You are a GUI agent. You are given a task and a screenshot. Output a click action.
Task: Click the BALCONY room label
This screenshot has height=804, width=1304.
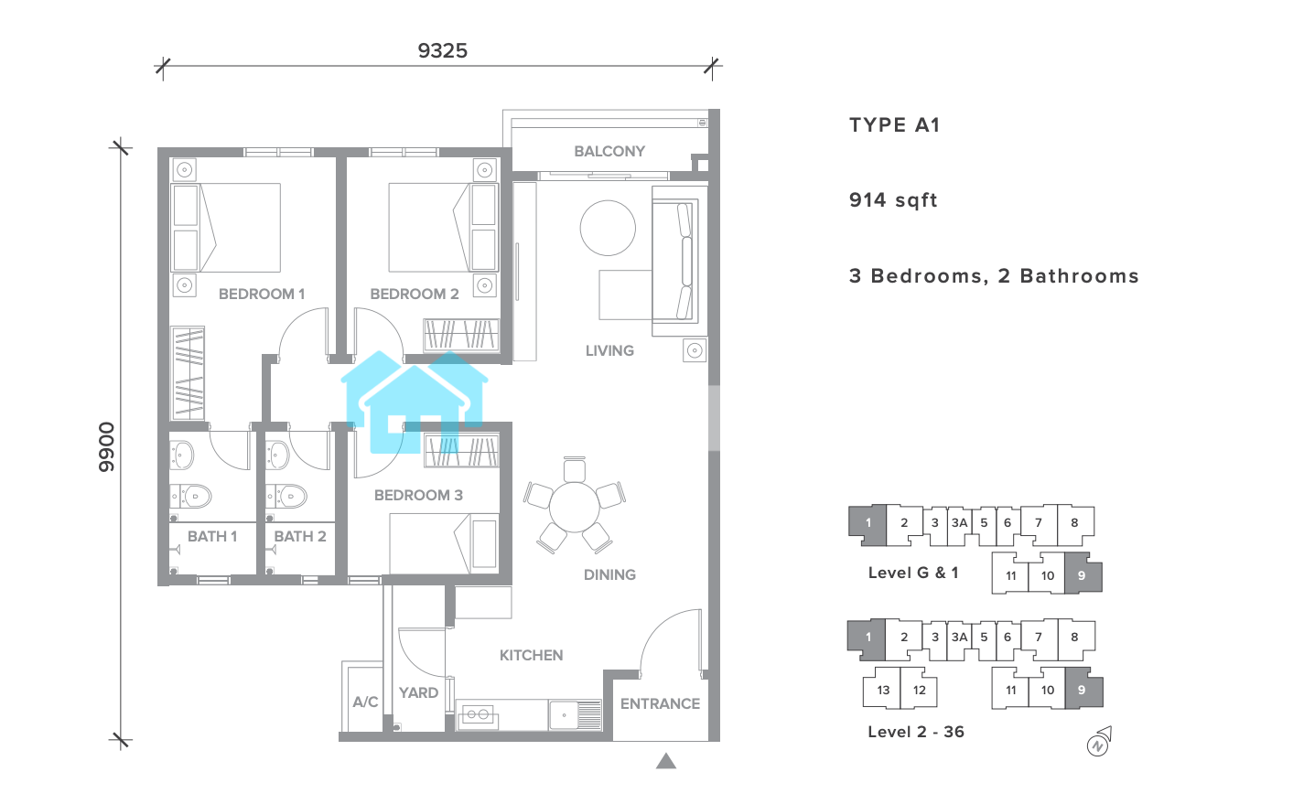(609, 151)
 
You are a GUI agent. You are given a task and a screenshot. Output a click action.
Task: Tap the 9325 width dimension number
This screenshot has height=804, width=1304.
(442, 50)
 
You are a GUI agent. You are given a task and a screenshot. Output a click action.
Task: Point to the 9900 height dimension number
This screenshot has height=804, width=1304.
(106, 446)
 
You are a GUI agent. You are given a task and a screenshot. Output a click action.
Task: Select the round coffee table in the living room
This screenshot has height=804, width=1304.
(608, 228)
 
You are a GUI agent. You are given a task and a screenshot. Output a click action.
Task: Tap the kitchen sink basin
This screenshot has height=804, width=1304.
(564, 715)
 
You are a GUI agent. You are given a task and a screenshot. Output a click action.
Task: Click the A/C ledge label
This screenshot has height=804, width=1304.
(366, 702)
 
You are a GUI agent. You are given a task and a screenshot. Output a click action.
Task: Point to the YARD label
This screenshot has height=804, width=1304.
(418, 693)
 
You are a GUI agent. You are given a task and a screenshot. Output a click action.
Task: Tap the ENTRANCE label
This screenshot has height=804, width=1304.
(660, 704)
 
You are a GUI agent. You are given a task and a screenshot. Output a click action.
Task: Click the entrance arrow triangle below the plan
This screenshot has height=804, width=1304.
(666, 761)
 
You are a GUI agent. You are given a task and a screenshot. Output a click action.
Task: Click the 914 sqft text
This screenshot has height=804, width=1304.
(893, 200)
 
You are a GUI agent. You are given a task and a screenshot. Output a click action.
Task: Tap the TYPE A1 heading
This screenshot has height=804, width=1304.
(895, 125)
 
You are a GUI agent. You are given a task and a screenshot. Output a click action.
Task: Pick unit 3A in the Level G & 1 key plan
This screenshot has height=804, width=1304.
(959, 523)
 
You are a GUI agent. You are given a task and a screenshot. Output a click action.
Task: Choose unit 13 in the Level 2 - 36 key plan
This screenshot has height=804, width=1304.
(882, 690)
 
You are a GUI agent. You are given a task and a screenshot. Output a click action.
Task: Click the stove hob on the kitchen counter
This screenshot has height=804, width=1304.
(478, 715)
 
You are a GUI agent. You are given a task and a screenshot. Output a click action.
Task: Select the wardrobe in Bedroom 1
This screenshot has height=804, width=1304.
(188, 373)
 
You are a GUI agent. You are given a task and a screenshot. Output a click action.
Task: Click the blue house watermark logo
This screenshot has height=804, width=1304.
(415, 402)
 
